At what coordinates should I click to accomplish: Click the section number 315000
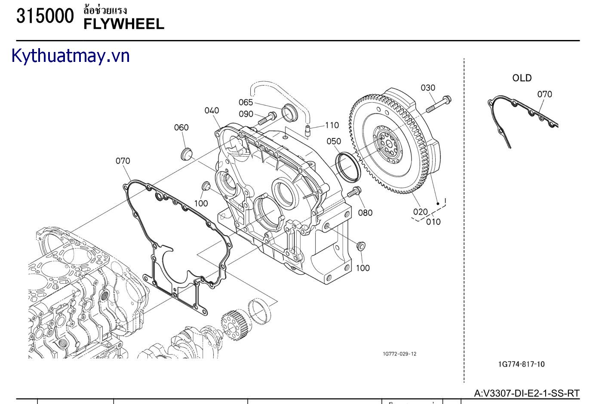[x=45, y=16]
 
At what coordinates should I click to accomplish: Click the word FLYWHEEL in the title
[x=124, y=24]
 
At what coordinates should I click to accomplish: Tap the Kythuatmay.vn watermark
[x=71, y=56]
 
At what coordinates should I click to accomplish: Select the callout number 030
[x=428, y=88]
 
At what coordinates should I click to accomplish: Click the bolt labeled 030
[x=439, y=104]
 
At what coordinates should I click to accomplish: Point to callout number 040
[x=212, y=110]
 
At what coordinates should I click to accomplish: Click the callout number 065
[x=246, y=102]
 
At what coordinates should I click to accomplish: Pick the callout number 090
[x=246, y=114]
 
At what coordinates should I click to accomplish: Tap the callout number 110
[x=332, y=125]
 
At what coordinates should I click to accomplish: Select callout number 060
[x=181, y=127]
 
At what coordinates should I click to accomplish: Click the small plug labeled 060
[x=187, y=153]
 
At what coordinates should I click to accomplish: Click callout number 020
[x=420, y=211]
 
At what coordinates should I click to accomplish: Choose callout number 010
[x=433, y=222]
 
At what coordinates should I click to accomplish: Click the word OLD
[x=522, y=78]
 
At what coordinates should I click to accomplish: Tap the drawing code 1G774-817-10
[x=521, y=364]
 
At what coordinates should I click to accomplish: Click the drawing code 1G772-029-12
[x=399, y=354]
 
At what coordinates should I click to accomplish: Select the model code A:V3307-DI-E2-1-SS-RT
[x=526, y=393]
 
